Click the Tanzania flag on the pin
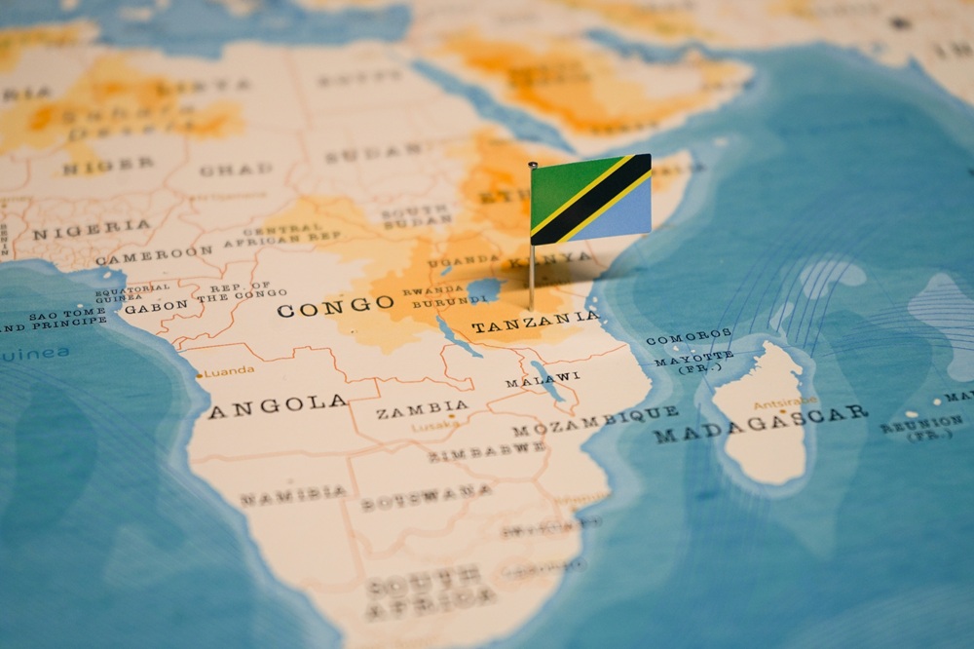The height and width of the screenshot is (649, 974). pos(590,200)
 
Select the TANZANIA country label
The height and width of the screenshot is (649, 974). pos(535,323)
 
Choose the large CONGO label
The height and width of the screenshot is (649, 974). pos(336,308)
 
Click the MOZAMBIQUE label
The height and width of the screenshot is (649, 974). pos(595,421)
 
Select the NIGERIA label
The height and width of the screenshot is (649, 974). pos(92,230)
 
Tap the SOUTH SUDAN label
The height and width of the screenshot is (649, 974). pos(416,216)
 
